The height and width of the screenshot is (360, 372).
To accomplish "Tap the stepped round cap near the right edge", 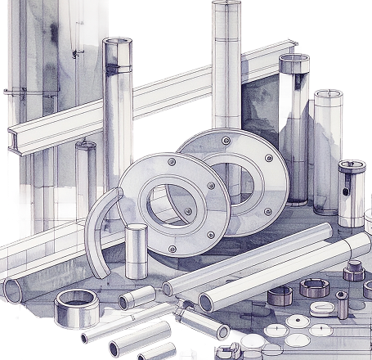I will tap(353, 269).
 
